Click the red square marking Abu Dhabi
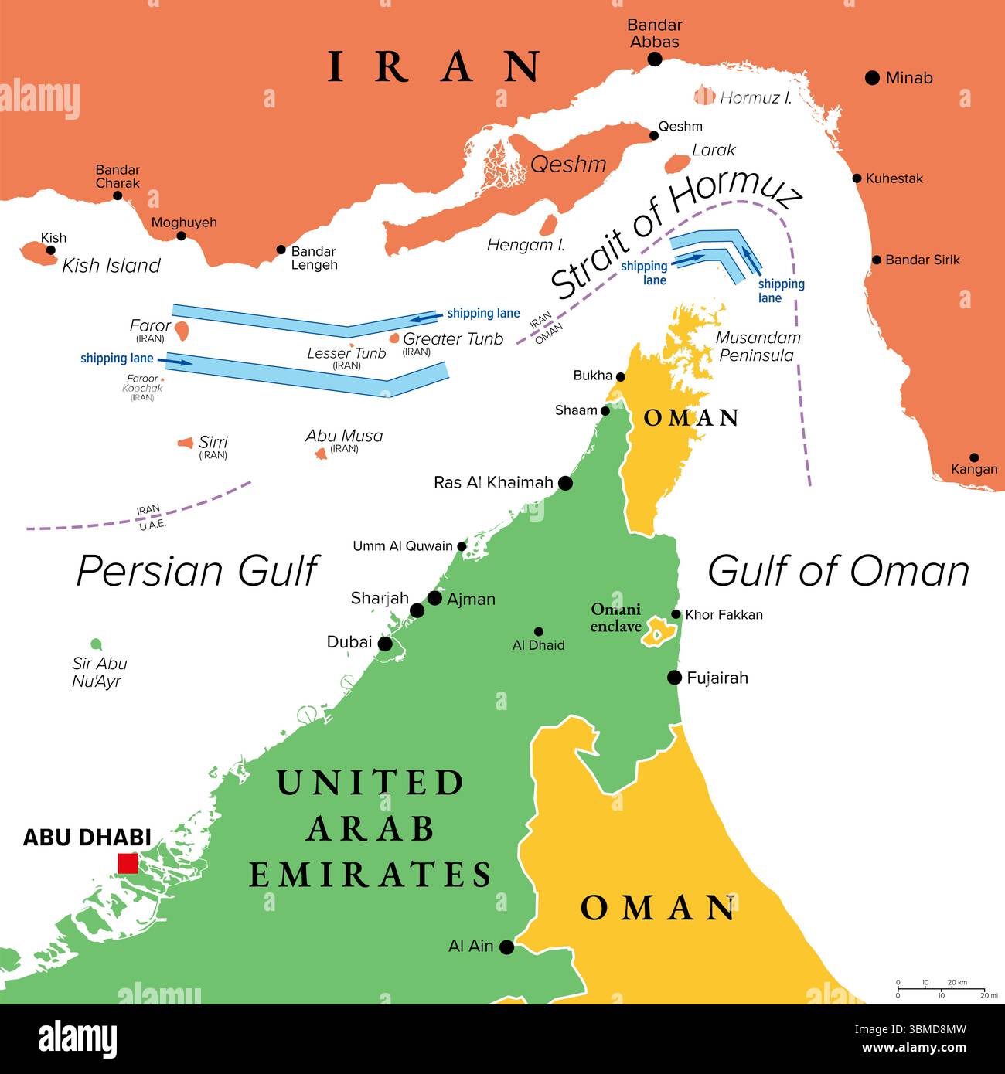pos(128,863)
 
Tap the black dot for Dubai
pos(384,644)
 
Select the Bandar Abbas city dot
pos(655,59)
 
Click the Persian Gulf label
pos(197,571)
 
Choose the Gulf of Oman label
pos(838,571)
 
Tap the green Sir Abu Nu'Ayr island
pos(96,644)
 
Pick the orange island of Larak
pos(677,164)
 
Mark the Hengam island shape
pos(548,225)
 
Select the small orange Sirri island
pos(186,443)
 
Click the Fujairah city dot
pos(674,678)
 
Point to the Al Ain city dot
pos(506,947)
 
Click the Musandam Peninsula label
pos(757,346)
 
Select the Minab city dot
pos(872,77)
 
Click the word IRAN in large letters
pos(434,66)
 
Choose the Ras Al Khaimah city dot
pos(565,483)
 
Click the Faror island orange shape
pos(181,331)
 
